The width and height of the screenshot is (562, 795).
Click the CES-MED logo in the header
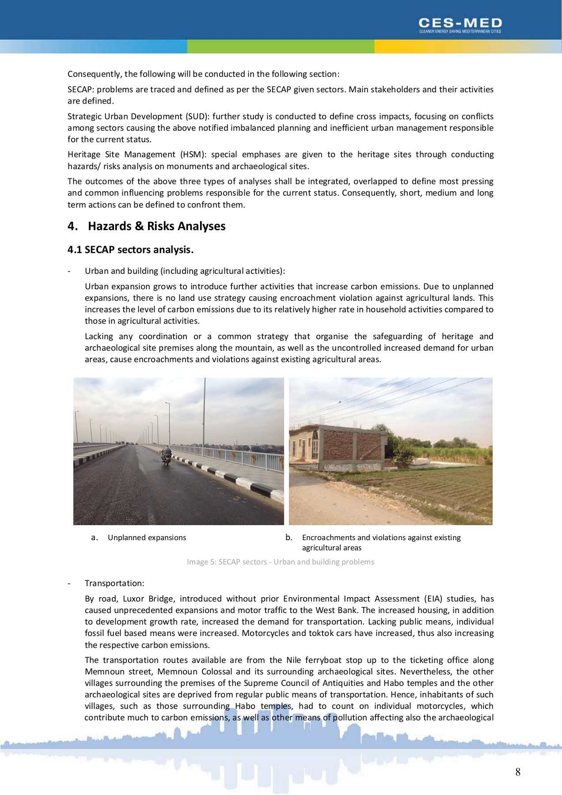click(460, 25)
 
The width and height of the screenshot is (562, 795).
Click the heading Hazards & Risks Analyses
click(156, 226)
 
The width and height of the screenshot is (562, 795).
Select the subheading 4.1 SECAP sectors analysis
click(130, 250)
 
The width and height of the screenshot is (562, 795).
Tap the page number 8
click(517, 772)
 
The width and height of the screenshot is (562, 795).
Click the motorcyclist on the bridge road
click(167, 455)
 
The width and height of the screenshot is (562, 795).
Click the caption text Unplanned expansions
click(147, 538)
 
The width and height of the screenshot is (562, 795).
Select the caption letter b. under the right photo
click(289, 538)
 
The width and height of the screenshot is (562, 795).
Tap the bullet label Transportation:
click(114, 583)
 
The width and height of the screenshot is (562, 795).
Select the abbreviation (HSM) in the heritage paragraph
click(192, 155)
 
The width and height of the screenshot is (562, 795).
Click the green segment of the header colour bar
click(281, 46)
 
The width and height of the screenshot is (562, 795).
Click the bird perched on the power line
click(339, 402)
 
